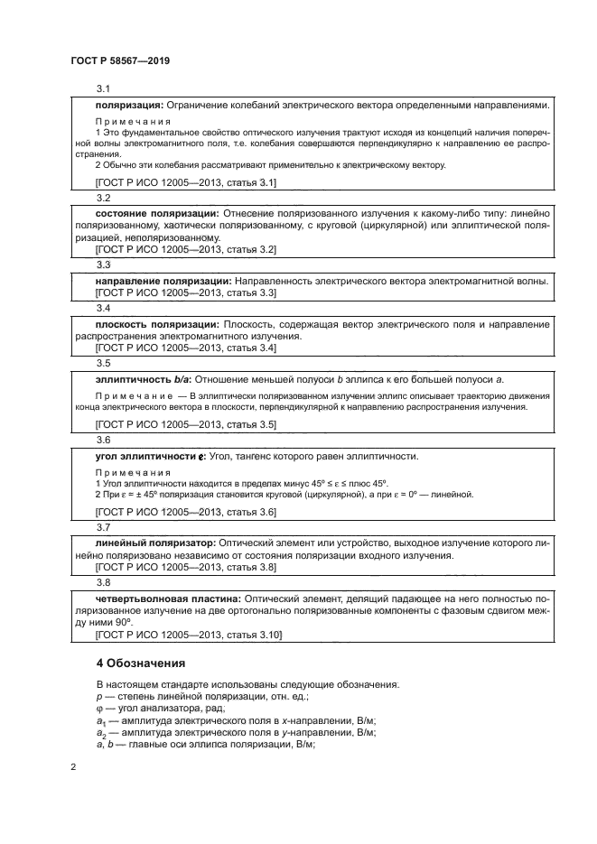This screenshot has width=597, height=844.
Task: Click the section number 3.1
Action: click(x=103, y=88)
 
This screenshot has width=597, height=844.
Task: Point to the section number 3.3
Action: click(x=103, y=265)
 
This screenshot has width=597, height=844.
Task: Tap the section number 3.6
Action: click(x=103, y=440)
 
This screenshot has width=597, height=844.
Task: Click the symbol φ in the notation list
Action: click(x=98, y=709)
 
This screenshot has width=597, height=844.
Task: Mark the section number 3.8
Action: click(x=103, y=582)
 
